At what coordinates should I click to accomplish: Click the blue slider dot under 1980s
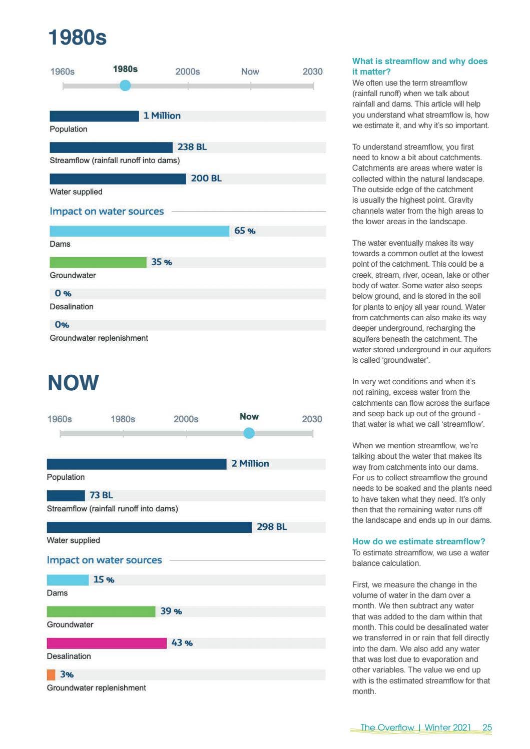125,86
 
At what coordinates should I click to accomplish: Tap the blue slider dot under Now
249,433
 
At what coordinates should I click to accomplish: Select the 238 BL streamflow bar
111,148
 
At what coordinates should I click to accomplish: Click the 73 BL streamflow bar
66,495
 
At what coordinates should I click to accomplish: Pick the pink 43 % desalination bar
107,643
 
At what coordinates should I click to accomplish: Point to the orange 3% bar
51,675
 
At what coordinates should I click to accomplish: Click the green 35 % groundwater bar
98,263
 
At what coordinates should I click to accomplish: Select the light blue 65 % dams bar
140,231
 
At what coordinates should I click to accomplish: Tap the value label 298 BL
272,527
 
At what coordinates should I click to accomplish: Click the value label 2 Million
250,464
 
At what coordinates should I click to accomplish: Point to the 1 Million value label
162,116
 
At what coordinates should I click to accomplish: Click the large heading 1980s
78,37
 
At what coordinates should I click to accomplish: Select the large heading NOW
73,383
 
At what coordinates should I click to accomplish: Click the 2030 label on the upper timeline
313,72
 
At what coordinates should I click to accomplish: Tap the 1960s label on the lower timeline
60,419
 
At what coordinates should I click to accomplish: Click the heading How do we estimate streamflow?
418,541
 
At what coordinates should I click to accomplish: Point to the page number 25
487,727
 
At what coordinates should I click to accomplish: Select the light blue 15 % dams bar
68,580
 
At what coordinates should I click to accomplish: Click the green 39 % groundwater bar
101,611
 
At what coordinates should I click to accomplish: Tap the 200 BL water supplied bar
118,179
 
